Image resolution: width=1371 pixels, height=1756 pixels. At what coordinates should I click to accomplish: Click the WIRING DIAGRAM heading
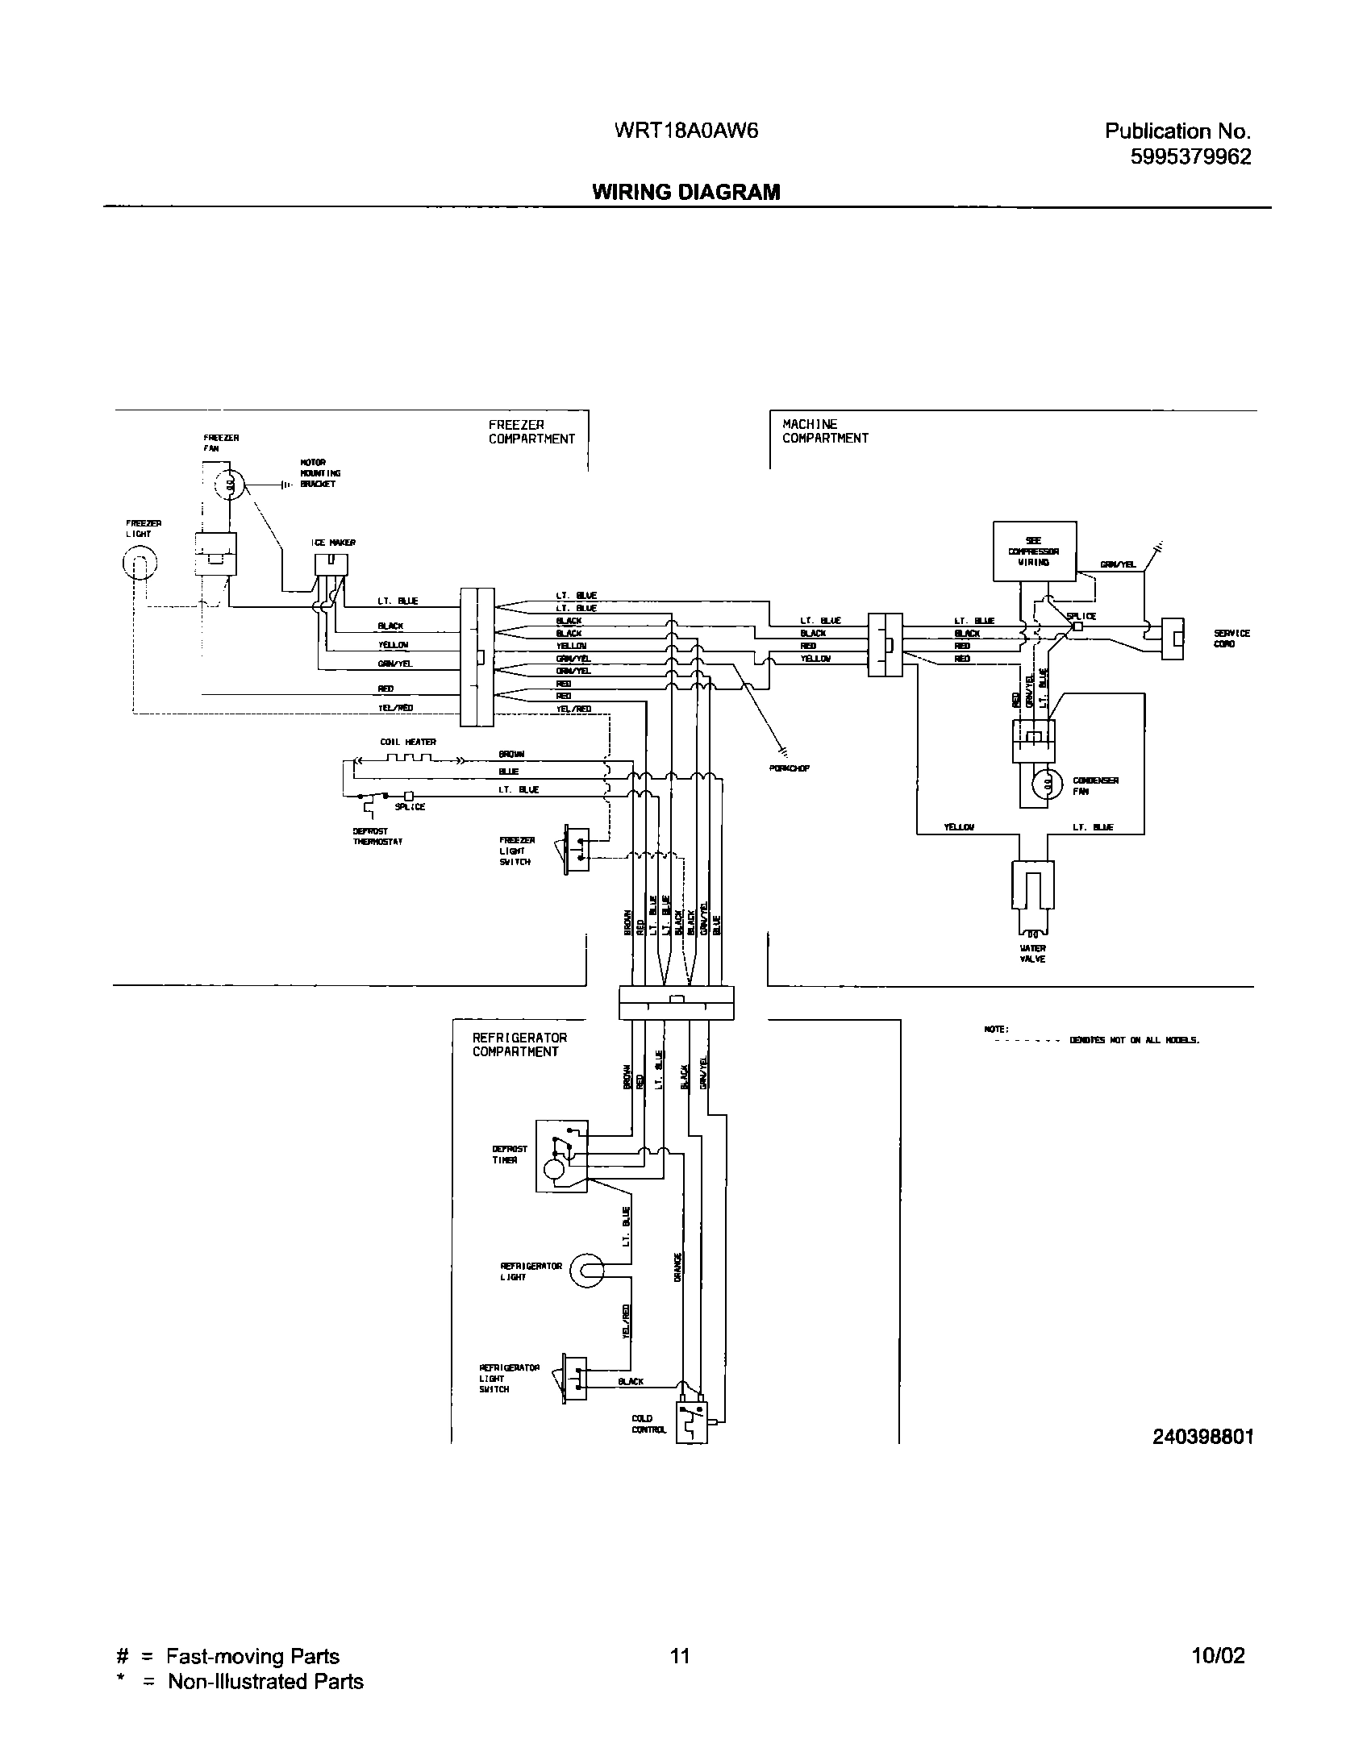[685, 192]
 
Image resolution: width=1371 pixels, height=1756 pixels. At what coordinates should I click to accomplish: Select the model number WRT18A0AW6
[685, 131]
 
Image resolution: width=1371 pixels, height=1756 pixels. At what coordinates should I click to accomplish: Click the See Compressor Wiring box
[1034, 551]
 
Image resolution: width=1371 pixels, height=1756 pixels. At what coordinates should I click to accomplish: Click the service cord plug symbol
[1172, 639]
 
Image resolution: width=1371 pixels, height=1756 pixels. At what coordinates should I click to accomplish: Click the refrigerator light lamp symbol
[586, 1272]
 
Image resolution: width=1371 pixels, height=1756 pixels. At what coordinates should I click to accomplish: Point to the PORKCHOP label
[790, 768]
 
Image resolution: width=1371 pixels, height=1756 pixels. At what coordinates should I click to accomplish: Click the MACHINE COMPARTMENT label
[825, 431]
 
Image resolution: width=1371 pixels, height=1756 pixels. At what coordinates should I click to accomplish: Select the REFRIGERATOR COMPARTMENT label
[519, 1045]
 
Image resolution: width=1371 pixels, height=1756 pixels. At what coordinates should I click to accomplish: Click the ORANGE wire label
[678, 1267]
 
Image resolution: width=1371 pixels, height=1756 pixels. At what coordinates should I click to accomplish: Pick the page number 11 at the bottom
[679, 1656]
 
